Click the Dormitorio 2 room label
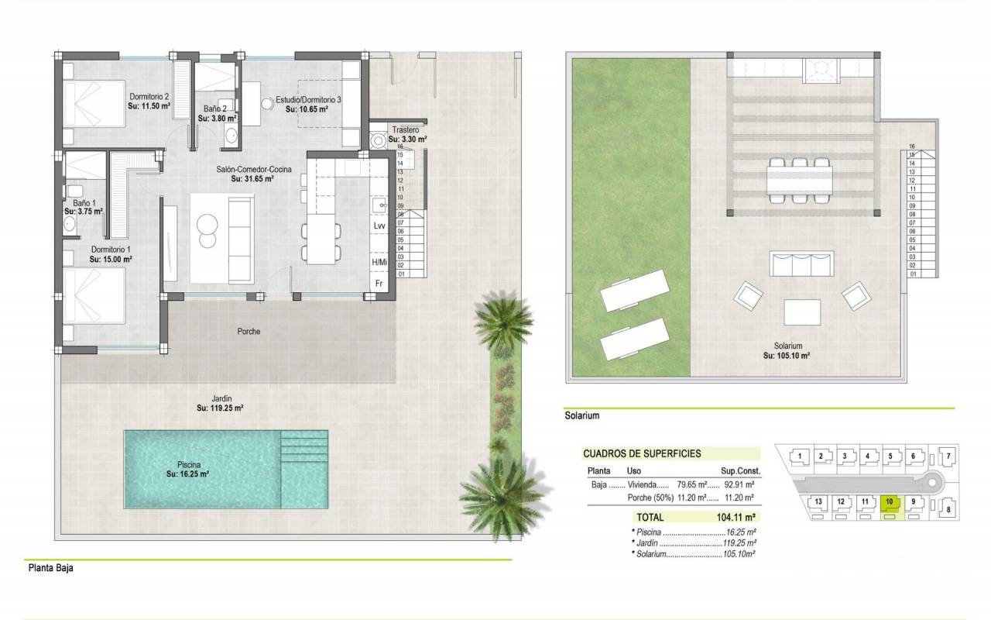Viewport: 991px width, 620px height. tap(149, 97)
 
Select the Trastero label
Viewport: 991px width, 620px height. tap(405, 130)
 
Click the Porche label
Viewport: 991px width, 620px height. tap(249, 331)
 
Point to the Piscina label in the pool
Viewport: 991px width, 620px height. tap(189, 464)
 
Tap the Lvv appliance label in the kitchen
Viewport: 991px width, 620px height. tap(379, 226)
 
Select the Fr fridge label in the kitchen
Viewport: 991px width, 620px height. tap(379, 284)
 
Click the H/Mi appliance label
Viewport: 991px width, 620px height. tap(379, 262)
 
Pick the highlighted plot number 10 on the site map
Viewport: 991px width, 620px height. tap(890, 501)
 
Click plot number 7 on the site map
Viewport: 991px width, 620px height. tap(948, 456)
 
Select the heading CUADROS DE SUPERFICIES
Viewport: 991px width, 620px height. tap(642, 453)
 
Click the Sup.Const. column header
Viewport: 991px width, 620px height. tap(740, 470)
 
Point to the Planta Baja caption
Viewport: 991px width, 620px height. tap(51, 568)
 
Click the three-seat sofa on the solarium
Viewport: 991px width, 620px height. tap(801, 264)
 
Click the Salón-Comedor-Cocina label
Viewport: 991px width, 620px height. tap(254, 169)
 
